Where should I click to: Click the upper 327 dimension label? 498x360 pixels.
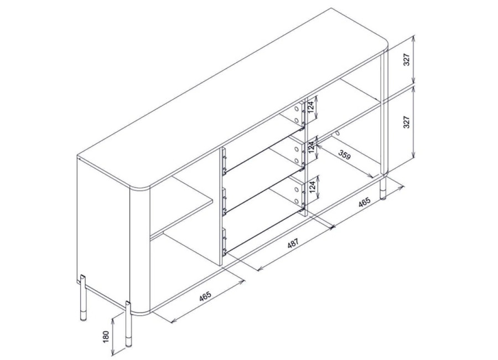[x=407, y=59]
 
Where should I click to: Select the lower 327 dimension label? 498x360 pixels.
[x=407, y=122]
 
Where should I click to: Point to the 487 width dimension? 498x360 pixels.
[x=293, y=244]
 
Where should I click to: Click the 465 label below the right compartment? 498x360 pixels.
[x=364, y=202]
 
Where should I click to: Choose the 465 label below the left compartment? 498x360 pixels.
[x=205, y=296]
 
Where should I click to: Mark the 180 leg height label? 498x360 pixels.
[x=106, y=337]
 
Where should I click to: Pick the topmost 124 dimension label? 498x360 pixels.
[x=313, y=108]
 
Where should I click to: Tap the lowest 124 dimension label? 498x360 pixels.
[x=313, y=187]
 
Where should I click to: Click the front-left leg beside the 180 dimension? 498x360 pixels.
[x=128, y=324]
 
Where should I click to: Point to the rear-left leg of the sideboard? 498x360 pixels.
[x=82, y=299]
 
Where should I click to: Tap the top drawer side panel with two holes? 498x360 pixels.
[x=297, y=114]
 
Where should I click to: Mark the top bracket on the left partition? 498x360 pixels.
[x=225, y=162]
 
